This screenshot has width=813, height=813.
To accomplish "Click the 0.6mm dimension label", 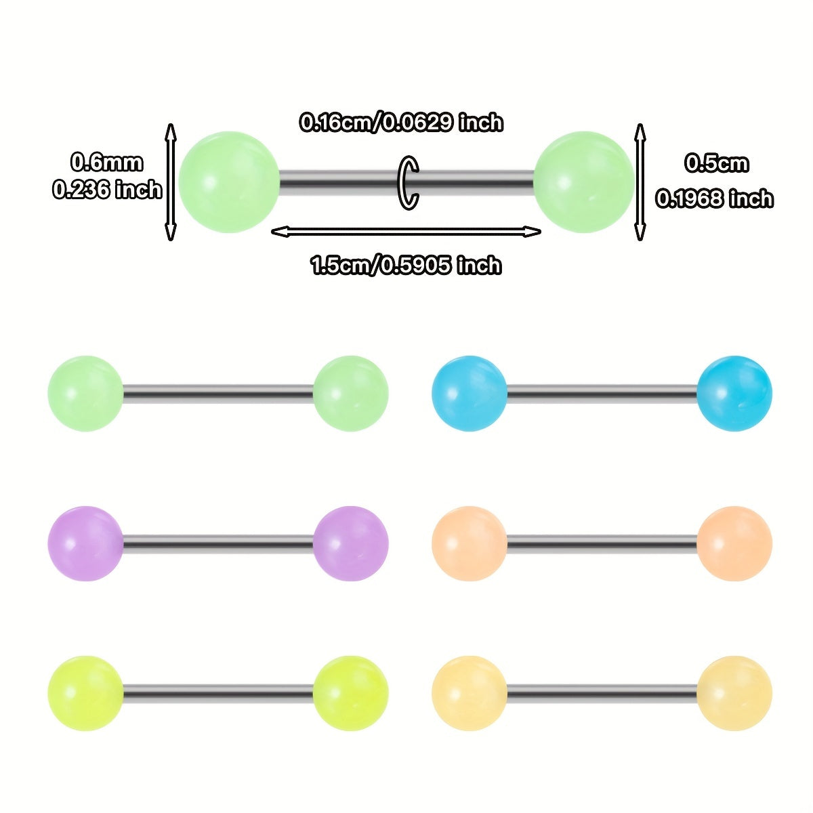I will pos(107,163).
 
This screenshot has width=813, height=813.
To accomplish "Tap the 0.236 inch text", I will pos(107,190).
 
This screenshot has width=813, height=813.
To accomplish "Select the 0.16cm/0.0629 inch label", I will pos(402,123).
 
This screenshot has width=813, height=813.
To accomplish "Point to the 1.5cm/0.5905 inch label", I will pos(406,265).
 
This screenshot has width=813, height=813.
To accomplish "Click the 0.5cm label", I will pos(716,163).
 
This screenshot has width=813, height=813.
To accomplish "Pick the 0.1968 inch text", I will pos(714,199).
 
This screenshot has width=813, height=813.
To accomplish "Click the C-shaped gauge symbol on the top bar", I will pos(409,183).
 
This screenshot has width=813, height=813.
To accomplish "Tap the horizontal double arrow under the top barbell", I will pos(406,232).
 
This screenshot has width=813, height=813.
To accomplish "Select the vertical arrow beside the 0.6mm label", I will pos(171,182).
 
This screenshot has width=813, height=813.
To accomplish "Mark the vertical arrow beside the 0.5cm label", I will pos(640,182).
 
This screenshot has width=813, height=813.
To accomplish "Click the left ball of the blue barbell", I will pos(469,393).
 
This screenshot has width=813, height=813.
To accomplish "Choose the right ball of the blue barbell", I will pos(734,393).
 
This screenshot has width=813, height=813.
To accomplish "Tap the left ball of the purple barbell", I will pos(85,543).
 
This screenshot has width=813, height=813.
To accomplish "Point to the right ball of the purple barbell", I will pos(351,543).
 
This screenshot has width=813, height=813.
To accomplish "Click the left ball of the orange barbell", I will pos(469,543).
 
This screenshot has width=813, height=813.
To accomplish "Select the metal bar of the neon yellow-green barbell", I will pos(218,693).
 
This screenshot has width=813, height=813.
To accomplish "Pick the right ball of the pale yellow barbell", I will pos(734,693).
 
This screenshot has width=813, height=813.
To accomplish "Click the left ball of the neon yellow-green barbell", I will pos(85,693).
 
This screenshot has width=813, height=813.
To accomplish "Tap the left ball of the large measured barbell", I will pos(229,182).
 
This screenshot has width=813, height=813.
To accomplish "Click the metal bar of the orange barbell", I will pos(602,543).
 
